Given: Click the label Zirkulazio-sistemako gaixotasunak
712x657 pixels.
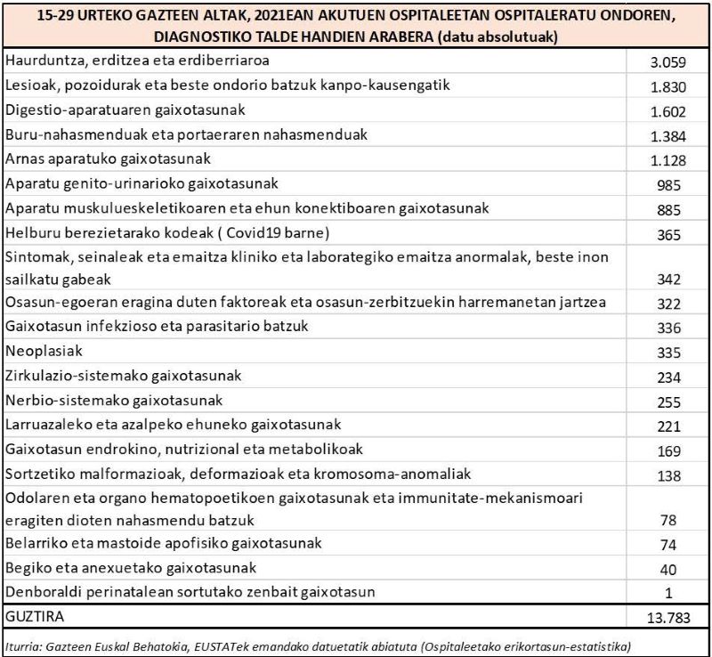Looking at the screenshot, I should pyautogui.click(x=123, y=376).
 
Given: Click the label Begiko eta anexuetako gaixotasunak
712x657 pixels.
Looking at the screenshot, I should pyautogui.click(x=131, y=567).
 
